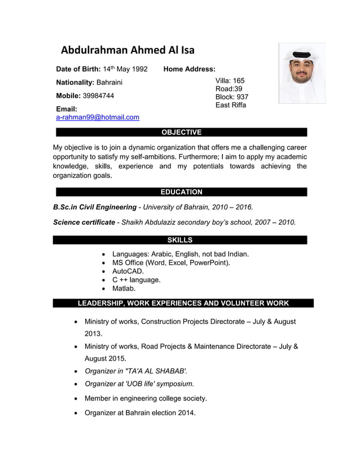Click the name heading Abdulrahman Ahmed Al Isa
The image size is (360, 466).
(128, 50)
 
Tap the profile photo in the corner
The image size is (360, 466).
(302, 73)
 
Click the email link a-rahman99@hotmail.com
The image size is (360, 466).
(98, 117)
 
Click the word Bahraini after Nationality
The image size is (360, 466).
(109, 83)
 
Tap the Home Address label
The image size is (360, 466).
(189, 69)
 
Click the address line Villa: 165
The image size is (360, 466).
(230, 81)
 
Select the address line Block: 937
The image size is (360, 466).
(232, 97)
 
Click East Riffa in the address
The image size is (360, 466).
(231, 105)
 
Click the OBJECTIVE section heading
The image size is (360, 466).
(181, 133)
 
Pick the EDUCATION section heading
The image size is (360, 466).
(181, 192)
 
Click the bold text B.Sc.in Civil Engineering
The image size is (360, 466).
(95, 207)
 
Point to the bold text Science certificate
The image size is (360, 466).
(84, 222)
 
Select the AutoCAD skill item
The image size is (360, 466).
(128, 271)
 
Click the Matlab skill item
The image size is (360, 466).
(124, 289)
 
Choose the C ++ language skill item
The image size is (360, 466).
(137, 280)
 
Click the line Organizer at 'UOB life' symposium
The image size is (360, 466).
(139, 384)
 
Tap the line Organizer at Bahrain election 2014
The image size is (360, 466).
(140, 413)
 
